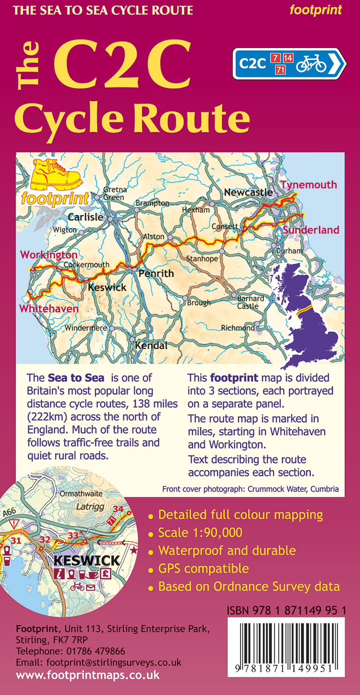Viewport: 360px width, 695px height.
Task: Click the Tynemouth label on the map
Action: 308,185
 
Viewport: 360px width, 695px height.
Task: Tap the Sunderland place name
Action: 310,230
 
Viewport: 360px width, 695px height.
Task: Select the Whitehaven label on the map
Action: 48,309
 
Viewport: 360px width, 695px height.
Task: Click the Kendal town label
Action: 151,346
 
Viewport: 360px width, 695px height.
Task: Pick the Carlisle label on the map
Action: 85,217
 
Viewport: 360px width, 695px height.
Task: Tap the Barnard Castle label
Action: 251,302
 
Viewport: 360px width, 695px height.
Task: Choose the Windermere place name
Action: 86,328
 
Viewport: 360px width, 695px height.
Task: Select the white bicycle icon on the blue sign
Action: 311,63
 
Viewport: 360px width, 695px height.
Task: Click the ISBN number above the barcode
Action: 286,611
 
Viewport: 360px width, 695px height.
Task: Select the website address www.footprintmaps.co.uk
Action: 88,675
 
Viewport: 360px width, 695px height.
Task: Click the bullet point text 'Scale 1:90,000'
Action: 200,532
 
